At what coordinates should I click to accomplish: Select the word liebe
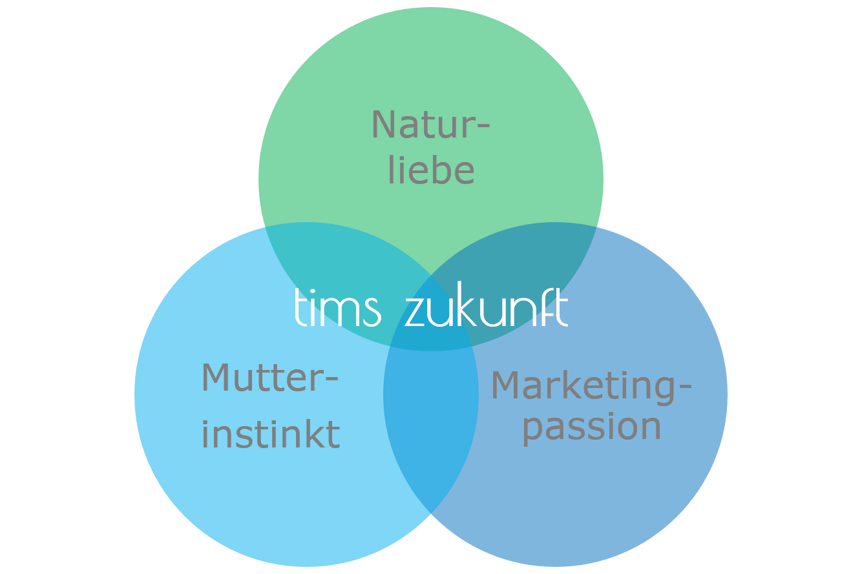tap(431, 170)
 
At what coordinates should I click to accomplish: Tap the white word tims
tap(337, 309)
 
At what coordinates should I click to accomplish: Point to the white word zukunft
tap(486, 309)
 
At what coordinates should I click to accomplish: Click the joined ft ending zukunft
tap(556, 308)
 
